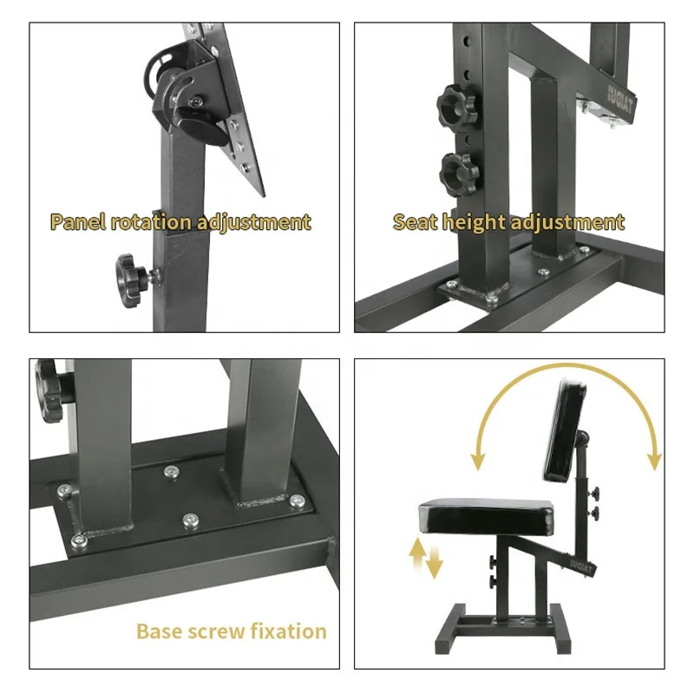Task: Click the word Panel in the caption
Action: click(78, 221)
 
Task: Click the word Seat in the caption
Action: click(416, 221)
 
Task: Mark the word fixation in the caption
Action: click(289, 631)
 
